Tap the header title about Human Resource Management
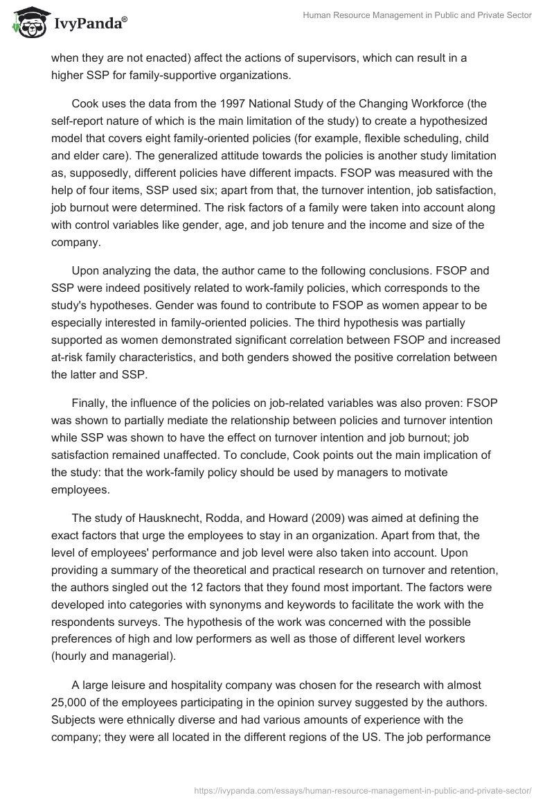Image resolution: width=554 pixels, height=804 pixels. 416,16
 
